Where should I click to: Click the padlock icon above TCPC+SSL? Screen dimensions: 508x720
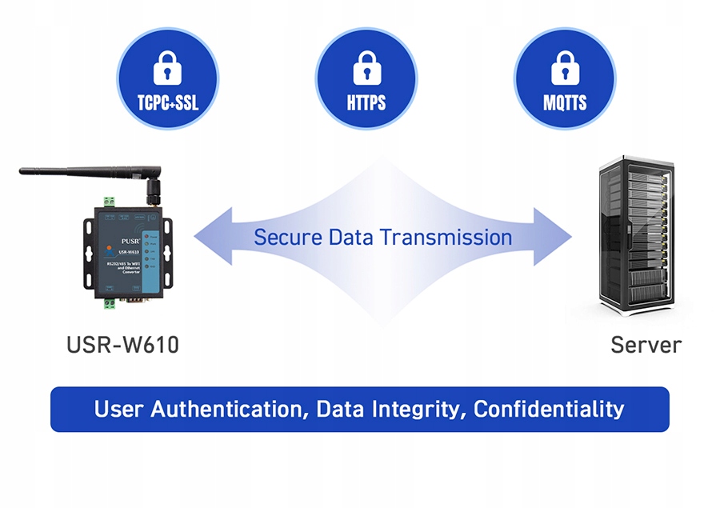pos(167,68)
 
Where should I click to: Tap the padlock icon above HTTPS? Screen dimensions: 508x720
pos(366,68)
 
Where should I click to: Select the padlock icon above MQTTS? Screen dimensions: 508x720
pos(565,68)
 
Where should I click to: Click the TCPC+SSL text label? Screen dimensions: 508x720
pos(167,103)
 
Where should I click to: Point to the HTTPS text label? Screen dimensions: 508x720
pos(366,103)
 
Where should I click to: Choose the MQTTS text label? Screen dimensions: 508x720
pos(565,103)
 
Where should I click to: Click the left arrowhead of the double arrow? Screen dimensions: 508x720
pos(210,237)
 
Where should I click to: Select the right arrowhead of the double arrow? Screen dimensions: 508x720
pos(555,237)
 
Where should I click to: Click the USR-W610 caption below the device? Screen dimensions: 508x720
pos(123,346)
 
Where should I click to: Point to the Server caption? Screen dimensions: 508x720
pos(646,345)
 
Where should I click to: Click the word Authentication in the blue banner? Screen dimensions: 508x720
pos(227,409)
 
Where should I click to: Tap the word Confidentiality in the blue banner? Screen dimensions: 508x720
pos(549,409)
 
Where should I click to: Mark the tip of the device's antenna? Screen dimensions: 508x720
pos(23,170)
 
